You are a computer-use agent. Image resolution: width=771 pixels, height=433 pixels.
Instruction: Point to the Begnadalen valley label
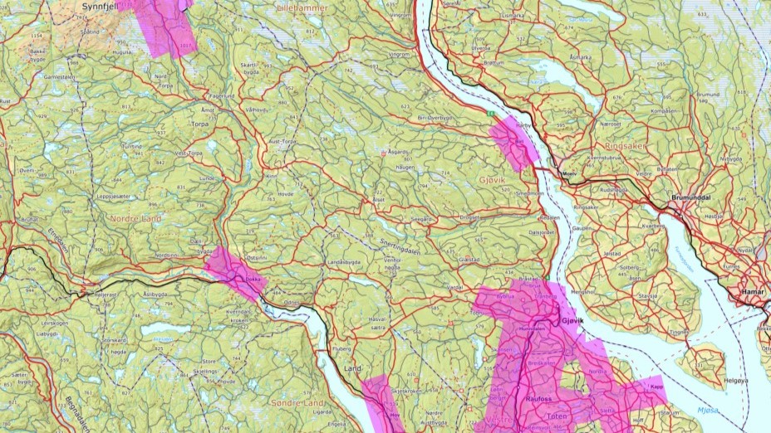[x=78, y=407]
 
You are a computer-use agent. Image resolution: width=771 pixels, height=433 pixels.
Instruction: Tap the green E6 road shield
[x=492, y=113]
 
